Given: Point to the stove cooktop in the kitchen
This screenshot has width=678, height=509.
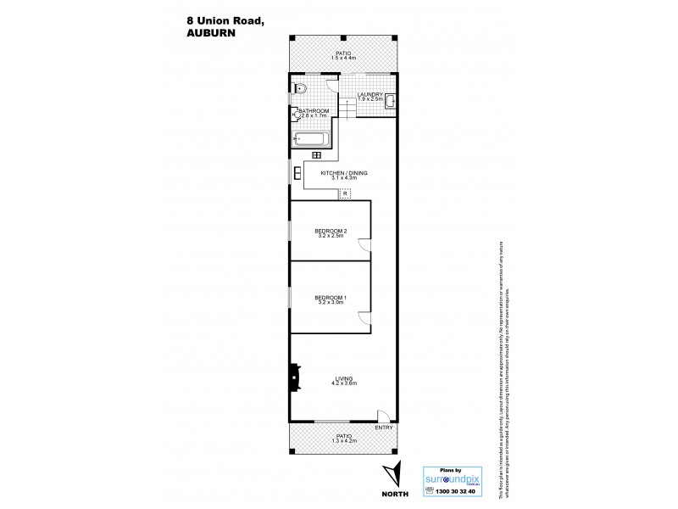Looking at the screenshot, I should pyautogui.click(x=317, y=154).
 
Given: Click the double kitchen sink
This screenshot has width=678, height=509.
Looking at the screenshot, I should pyautogui.click(x=296, y=174).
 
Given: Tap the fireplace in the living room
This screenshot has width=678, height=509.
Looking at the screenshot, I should pyautogui.click(x=294, y=376).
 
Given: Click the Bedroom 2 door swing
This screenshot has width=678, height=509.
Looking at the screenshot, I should pyautogui.click(x=364, y=246).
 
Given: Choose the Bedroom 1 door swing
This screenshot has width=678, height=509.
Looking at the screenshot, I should pyautogui.click(x=364, y=317).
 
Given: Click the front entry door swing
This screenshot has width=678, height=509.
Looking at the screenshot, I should pyautogui.click(x=383, y=416).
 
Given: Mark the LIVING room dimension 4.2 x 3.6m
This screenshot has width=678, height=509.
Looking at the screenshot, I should pyautogui.click(x=343, y=383).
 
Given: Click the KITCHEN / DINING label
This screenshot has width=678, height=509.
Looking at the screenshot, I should pyautogui.click(x=343, y=173).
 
